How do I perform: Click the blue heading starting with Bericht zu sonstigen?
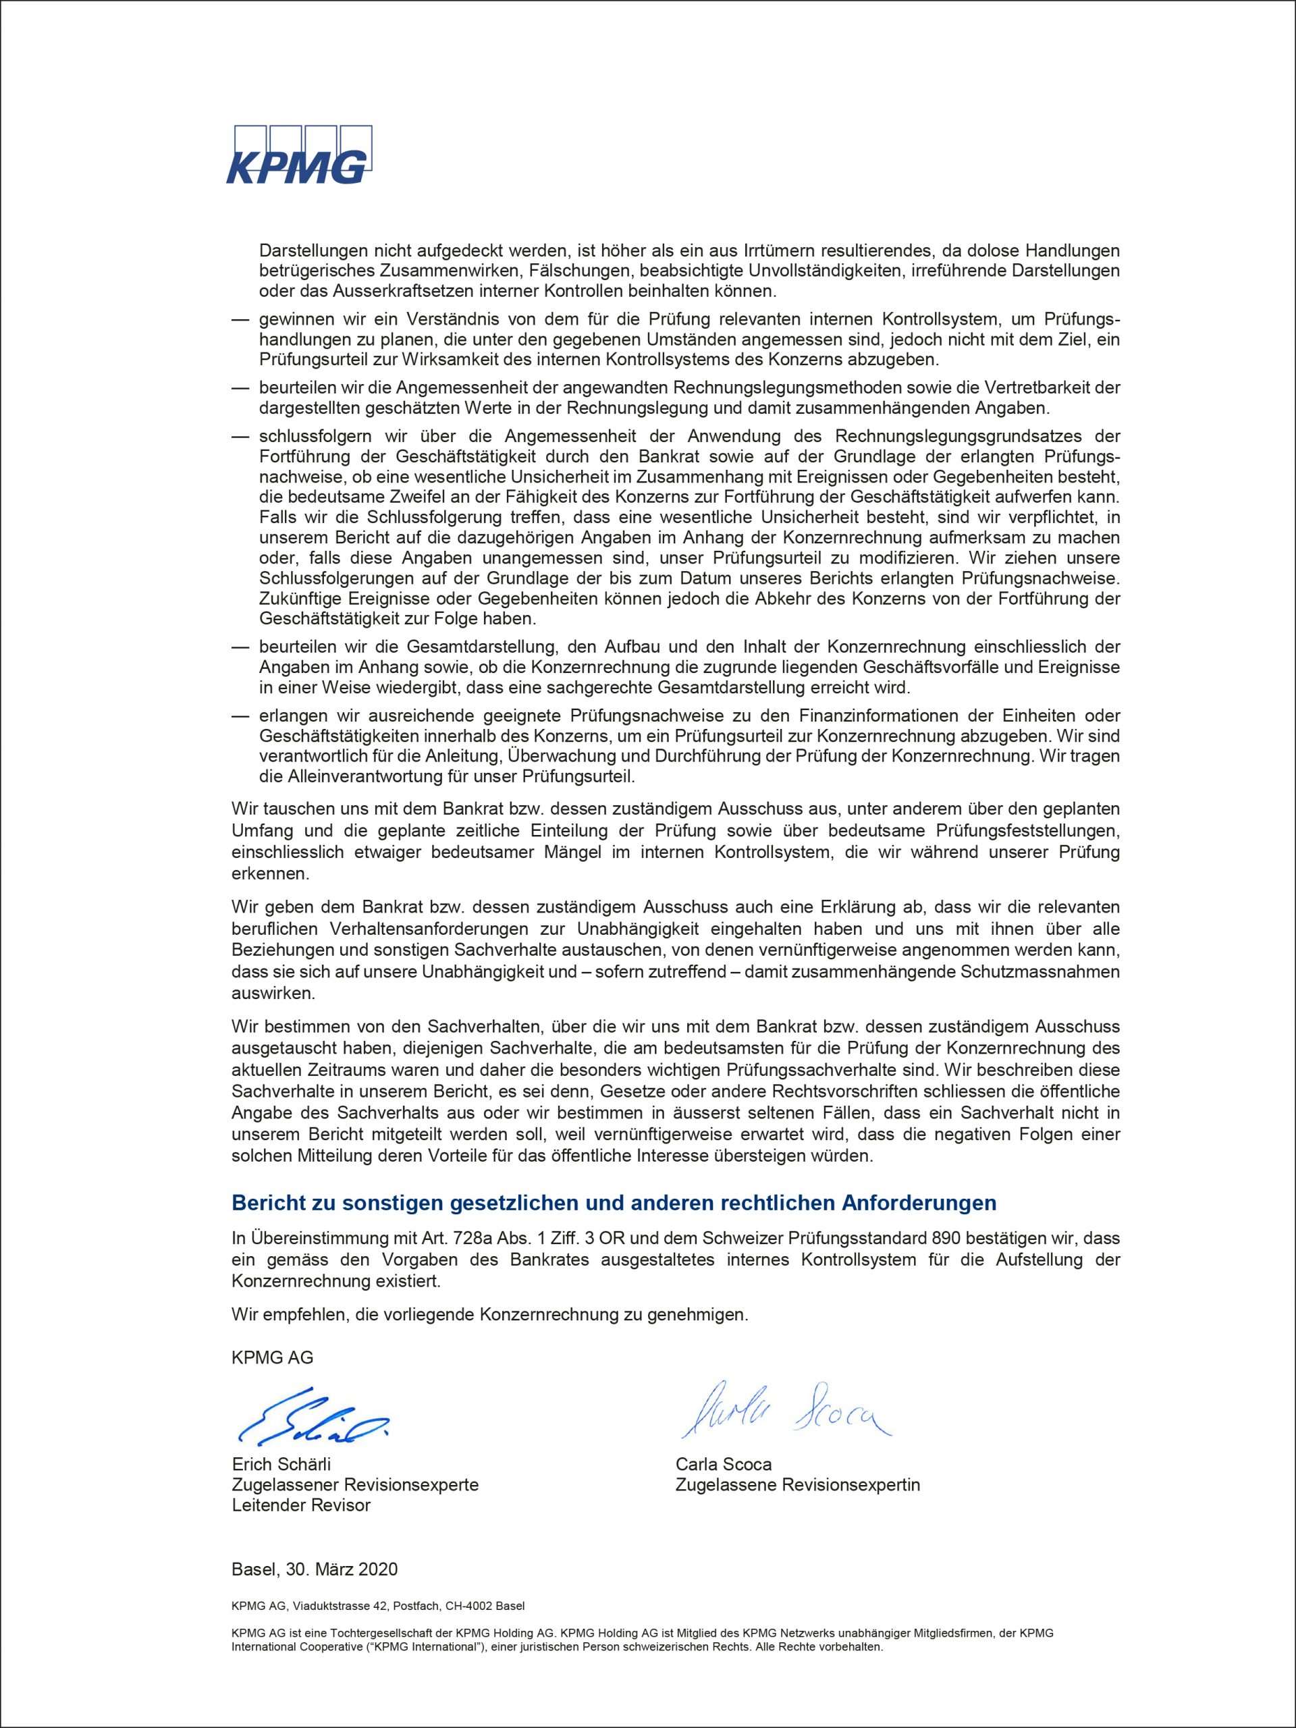614,1203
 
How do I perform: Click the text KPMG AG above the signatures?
272,1357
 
